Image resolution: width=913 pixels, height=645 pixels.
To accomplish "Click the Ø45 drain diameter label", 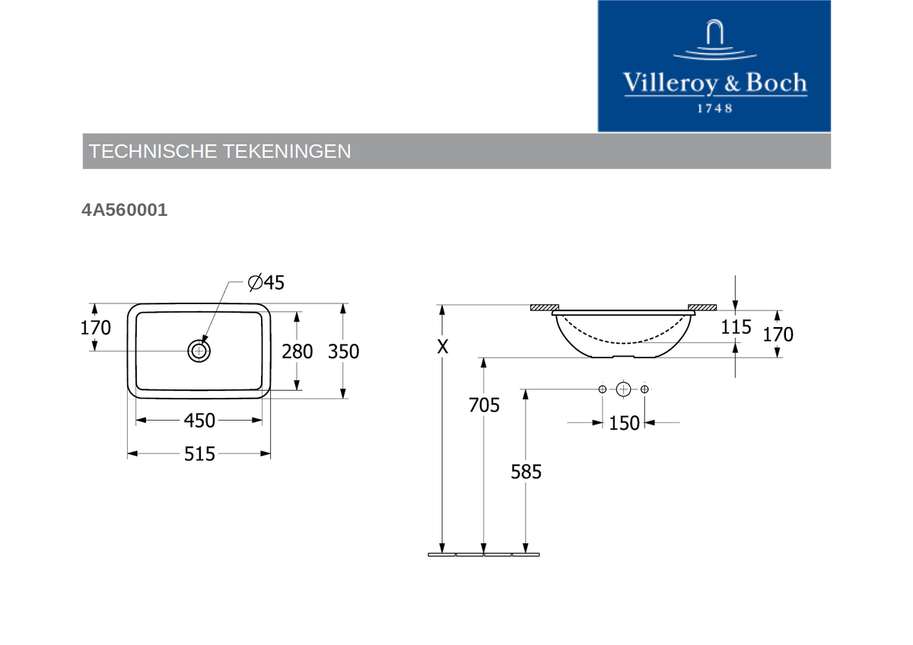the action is (x=266, y=282).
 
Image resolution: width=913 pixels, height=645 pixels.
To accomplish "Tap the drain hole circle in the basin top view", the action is (x=199, y=351).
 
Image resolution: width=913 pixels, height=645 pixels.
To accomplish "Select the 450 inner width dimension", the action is (x=199, y=421).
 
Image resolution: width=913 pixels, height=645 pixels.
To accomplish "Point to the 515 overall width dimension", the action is (x=199, y=453).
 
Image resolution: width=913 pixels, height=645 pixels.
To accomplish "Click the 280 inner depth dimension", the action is (x=297, y=351).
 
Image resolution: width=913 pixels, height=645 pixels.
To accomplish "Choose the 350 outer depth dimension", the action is (x=344, y=351).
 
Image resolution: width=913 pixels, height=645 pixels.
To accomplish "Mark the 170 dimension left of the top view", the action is (x=95, y=328).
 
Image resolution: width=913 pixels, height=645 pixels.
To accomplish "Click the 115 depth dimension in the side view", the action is (x=736, y=327).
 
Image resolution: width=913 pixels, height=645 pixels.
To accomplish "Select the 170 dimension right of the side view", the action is (x=778, y=335).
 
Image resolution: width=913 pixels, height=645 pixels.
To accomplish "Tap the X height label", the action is (x=443, y=347).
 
